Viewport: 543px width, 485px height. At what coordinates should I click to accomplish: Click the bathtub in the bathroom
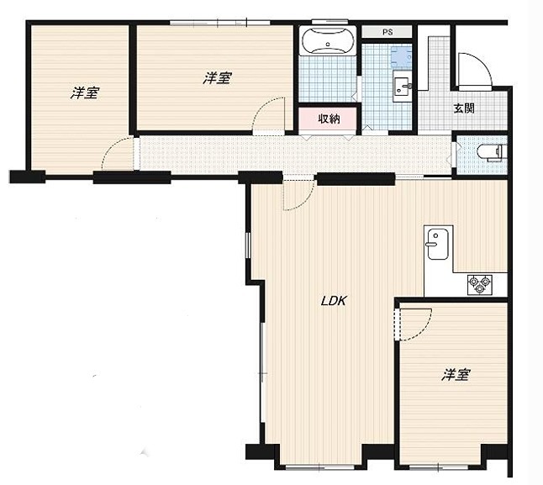(x=329, y=40)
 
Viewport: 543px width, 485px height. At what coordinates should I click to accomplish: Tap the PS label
(x=387, y=32)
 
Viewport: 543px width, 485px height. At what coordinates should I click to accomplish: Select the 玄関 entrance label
(x=464, y=108)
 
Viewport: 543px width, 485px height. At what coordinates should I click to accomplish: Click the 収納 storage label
(x=329, y=119)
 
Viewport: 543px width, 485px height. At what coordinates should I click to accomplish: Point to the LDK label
(x=334, y=301)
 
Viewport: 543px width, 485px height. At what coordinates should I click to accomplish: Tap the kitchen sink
(x=438, y=244)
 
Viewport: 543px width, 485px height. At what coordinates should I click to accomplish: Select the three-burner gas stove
(x=480, y=285)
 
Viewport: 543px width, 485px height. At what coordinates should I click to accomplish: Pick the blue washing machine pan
(x=401, y=56)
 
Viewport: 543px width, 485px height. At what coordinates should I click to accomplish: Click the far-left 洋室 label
(x=85, y=92)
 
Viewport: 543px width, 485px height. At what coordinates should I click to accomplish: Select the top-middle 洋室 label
(x=217, y=78)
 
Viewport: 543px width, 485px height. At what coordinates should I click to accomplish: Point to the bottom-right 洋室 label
(x=456, y=374)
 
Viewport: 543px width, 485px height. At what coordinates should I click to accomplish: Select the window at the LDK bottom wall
(x=319, y=467)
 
